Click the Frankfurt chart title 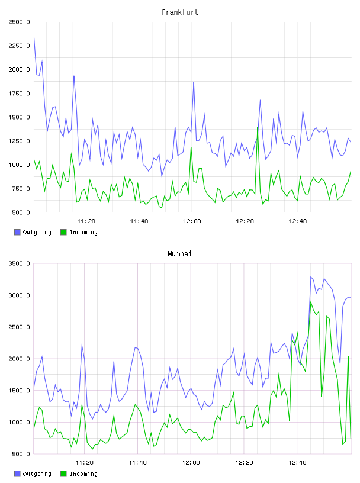click(x=180, y=12)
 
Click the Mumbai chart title click(x=179, y=254)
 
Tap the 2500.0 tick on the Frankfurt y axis click(x=20, y=22)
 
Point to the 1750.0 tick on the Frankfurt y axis click(x=20, y=94)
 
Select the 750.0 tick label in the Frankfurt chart click(x=21, y=188)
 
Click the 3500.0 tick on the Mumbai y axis click(x=20, y=263)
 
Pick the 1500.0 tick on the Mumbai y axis click(x=20, y=390)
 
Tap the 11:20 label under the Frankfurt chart click(x=86, y=221)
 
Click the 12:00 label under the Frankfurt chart click(x=192, y=221)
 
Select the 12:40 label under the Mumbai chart click(x=297, y=462)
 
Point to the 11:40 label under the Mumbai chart click(x=138, y=462)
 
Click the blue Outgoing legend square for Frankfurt click(x=17, y=232)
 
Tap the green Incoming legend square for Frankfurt click(x=63, y=232)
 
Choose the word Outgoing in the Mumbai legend click(x=37, y=474)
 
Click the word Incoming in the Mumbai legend click(x=83, y=474)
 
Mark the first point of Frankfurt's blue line click(x=34, y=38)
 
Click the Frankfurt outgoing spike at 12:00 click(x=194, y=82)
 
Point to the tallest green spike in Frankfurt click(x=258, y=127)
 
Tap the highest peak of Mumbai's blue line click(x=311, y=276)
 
